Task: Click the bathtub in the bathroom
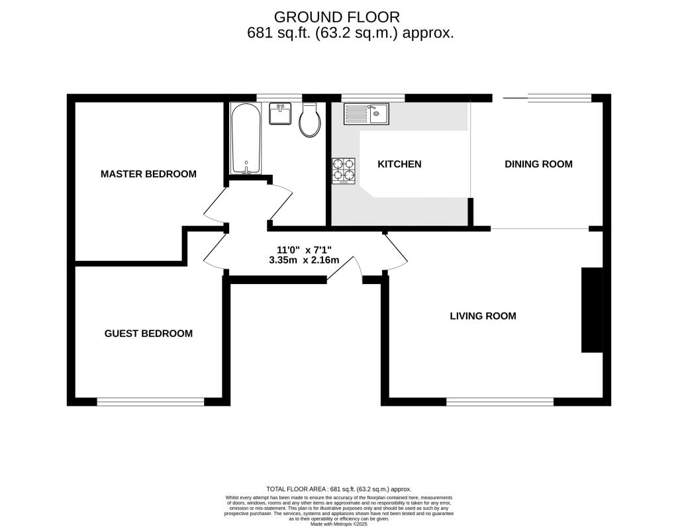pyautogui.click(x=246, y=138)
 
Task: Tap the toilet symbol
pyautogui.click(x=310, y=120)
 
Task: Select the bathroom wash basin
pyautogui.click(x=280, y=113)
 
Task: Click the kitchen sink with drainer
pyautogui.click(x=366, y=114)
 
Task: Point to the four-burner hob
pyautogui.click(x=344, y=171)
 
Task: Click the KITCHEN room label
pyautogui.click(x=399, y=164)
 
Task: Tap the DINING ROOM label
pyautogui.click(x=538, y=164)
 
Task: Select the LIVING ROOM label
pyautogui.click(x=483, y=316)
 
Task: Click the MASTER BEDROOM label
pyautogui.click(x=148, y=174)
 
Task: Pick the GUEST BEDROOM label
pyautogui.click(x=148, y=333)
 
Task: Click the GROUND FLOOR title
pyautogui.click(x=337, y=17)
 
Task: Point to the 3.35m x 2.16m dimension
pyautogui.click(x=304, y=260)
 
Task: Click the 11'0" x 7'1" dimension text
pyautogui.click(x=304, y=250)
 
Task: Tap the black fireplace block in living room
pyautogui.click(x=592, y=310)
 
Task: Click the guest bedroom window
pyautogui.click(x=150, y=402)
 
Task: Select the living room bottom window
pyautogui.click(x=500, y=402)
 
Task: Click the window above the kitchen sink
pyautogui.click(x=373, y=98)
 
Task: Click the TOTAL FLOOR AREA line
pyautogui.click(x=339, y=489)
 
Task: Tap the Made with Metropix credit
pyautogui.click(x=339, y=524)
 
